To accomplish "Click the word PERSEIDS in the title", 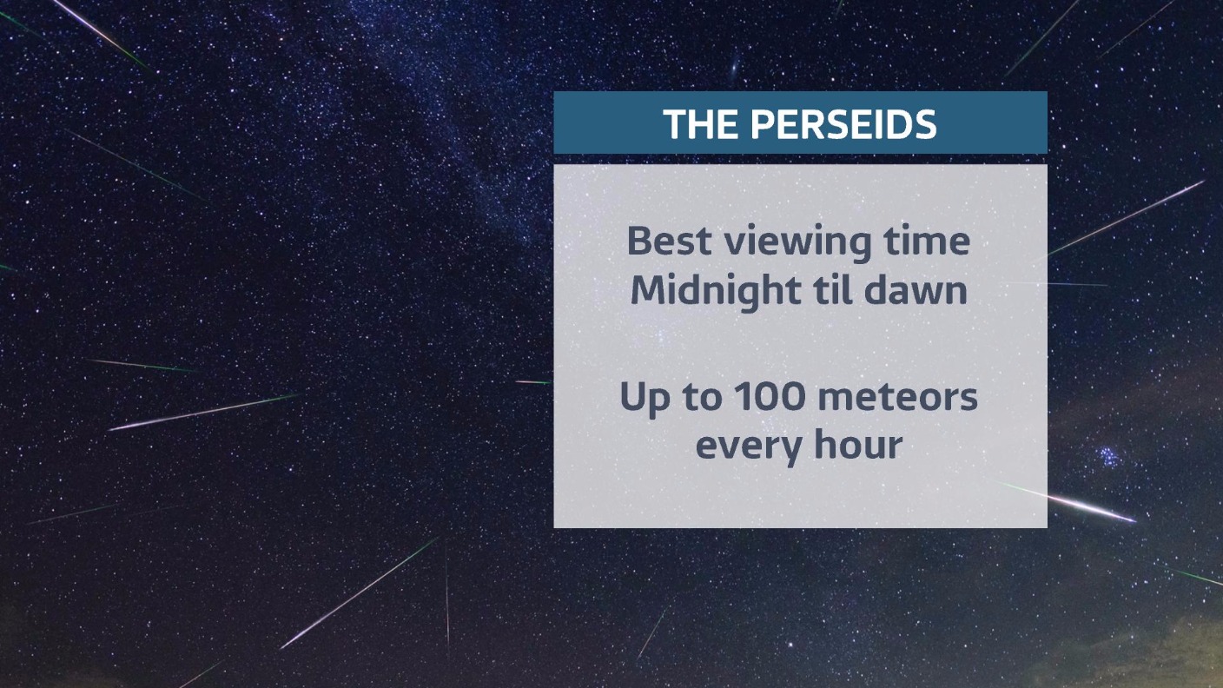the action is click(x=843, y=124).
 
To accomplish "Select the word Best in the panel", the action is click(x=669, y=241).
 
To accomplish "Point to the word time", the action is click(x=927, y=241).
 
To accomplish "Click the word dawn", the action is click(x=916, y=289).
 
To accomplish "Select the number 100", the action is click(x=770, y=396).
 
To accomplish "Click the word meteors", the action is click(x=898, y=398).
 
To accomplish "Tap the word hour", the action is click(x=858, y=444).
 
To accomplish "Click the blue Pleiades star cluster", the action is click(x=1108, y=456).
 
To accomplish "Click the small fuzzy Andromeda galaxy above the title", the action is click(x=735, y=67).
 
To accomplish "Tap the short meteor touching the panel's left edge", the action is click(x=534, y=382).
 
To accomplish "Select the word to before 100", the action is click(x=701, y=398).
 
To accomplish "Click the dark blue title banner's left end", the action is click(x=555, y=122).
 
